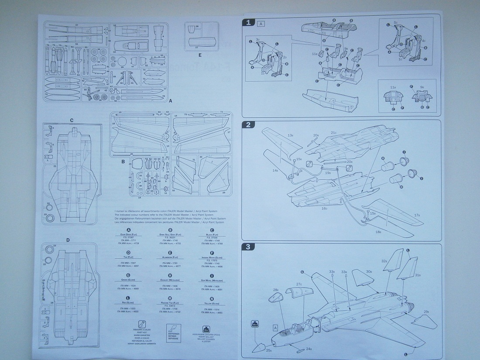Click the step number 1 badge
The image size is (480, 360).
249,23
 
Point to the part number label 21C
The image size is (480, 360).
333,133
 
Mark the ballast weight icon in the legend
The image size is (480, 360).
204,329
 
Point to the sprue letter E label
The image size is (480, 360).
200,55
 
